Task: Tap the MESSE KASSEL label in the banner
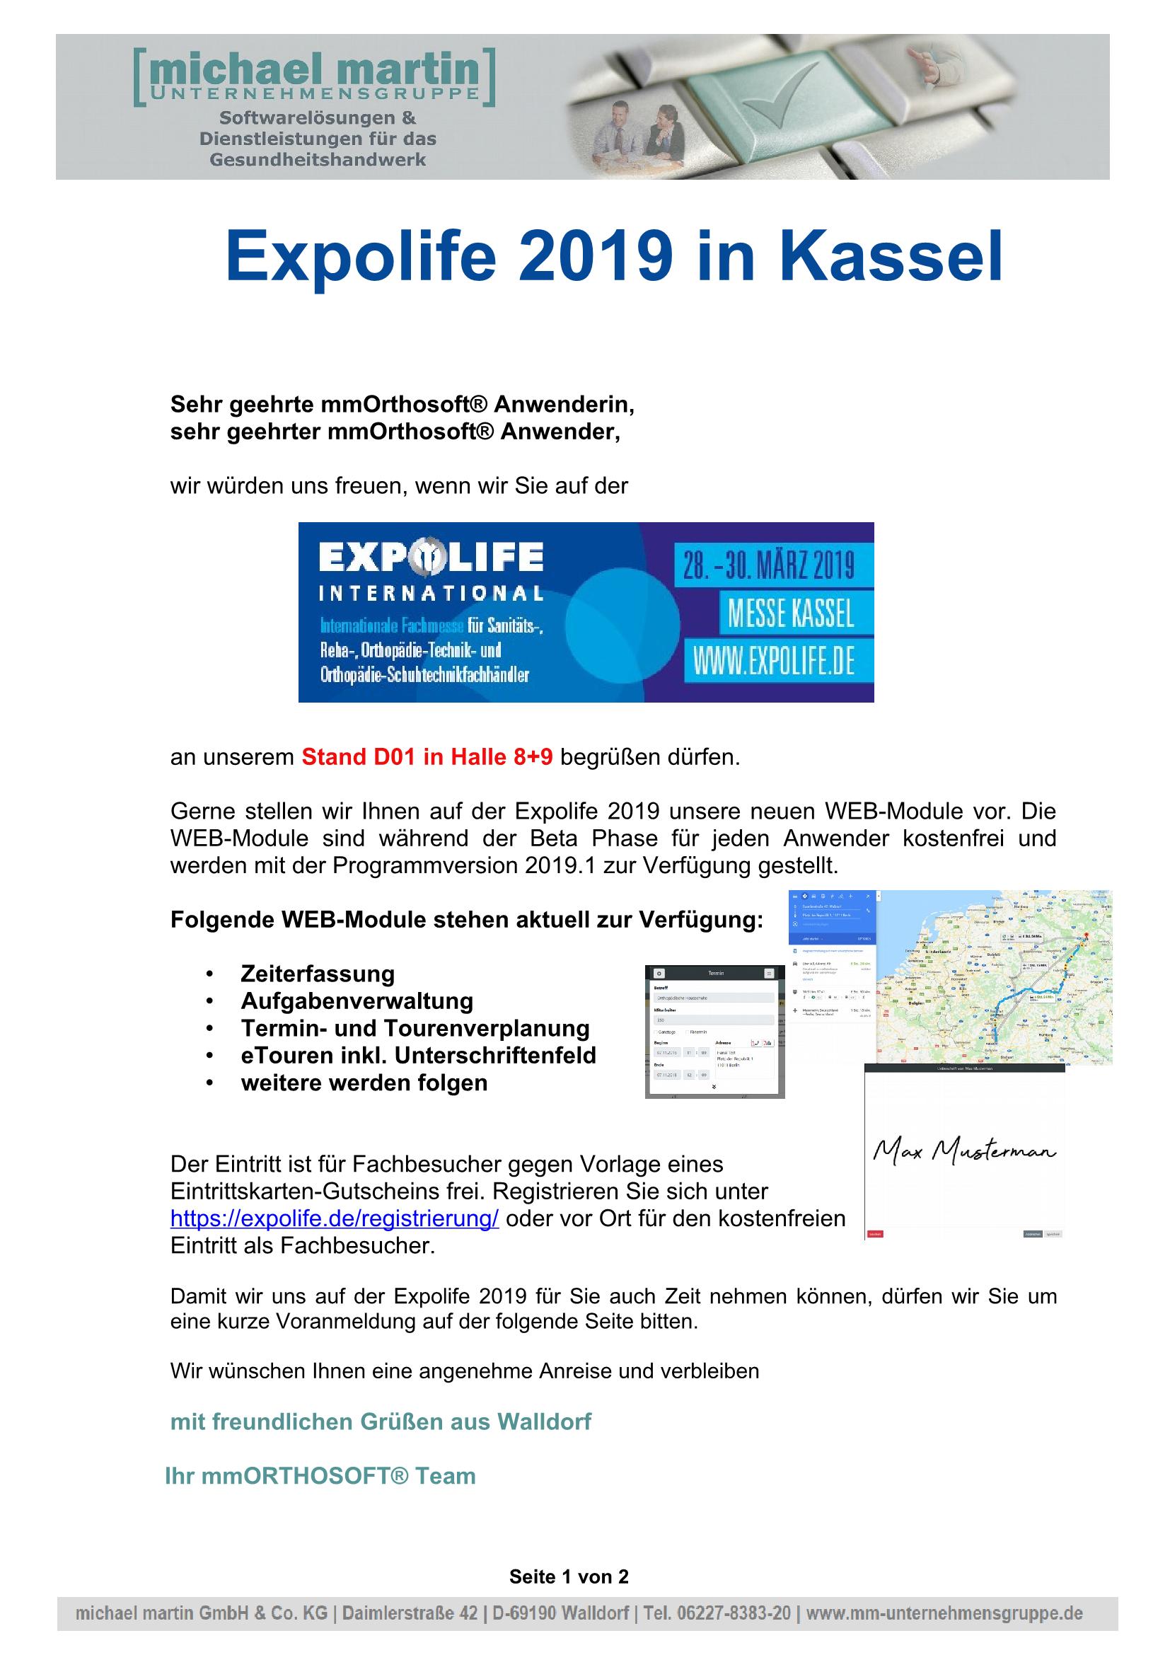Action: [790, 613]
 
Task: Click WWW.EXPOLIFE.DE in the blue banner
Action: [773, 661]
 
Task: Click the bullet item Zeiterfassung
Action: [318, 974]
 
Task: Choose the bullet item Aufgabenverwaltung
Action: [357, 1001]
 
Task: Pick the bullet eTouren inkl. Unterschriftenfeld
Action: [418, 1055]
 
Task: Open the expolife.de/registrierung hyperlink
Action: [335, 1219]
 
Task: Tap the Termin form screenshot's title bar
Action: [714, 973]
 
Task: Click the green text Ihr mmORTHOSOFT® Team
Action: [320, 1476]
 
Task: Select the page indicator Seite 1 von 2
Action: [569, 1576]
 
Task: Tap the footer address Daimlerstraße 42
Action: [409, 1613]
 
